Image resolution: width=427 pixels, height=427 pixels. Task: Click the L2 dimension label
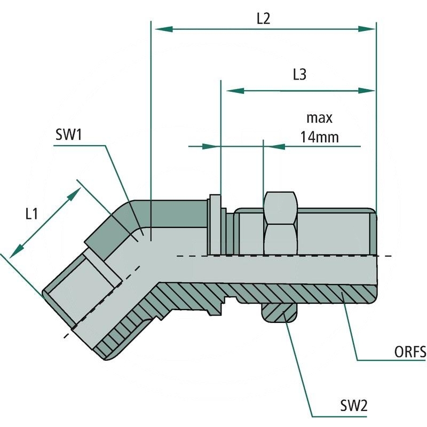click(x=263, y=19)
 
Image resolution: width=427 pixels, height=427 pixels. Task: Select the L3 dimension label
click(x=299, y=75)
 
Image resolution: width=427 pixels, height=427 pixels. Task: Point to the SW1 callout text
click(x=68, y=135)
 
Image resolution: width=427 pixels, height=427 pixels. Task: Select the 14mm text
click(x=319, y=137)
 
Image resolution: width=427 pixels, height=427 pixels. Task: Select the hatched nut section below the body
click(x=279, y=313)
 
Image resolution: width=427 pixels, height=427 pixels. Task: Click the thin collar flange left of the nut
click(x=215, y=224)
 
